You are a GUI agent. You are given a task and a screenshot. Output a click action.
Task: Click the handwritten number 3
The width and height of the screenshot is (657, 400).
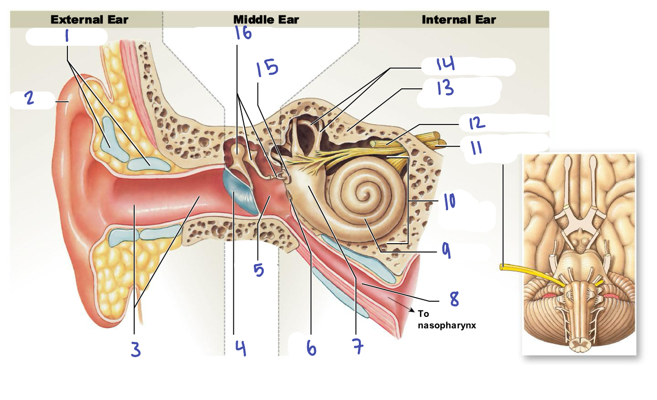[x=135, y=349]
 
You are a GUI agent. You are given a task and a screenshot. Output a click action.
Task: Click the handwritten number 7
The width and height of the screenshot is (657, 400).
[x=358, y=347]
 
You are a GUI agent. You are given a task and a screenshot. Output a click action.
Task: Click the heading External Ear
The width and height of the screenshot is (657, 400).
[x=89, y=20]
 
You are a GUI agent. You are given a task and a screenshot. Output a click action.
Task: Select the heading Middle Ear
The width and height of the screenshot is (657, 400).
[x=266, y=20]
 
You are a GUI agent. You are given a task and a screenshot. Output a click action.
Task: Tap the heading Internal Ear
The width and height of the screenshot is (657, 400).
[x=459, y=20]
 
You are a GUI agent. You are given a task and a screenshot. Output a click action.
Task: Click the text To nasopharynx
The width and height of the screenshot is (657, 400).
[x=447, y=319]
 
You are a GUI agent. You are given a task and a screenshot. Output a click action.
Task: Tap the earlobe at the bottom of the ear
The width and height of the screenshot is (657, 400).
[x=112, y=303]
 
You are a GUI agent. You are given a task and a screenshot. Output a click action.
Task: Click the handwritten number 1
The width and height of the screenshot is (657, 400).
[x=67, y=37]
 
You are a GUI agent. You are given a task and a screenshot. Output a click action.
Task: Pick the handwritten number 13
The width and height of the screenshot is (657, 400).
[x=445, y=87]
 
